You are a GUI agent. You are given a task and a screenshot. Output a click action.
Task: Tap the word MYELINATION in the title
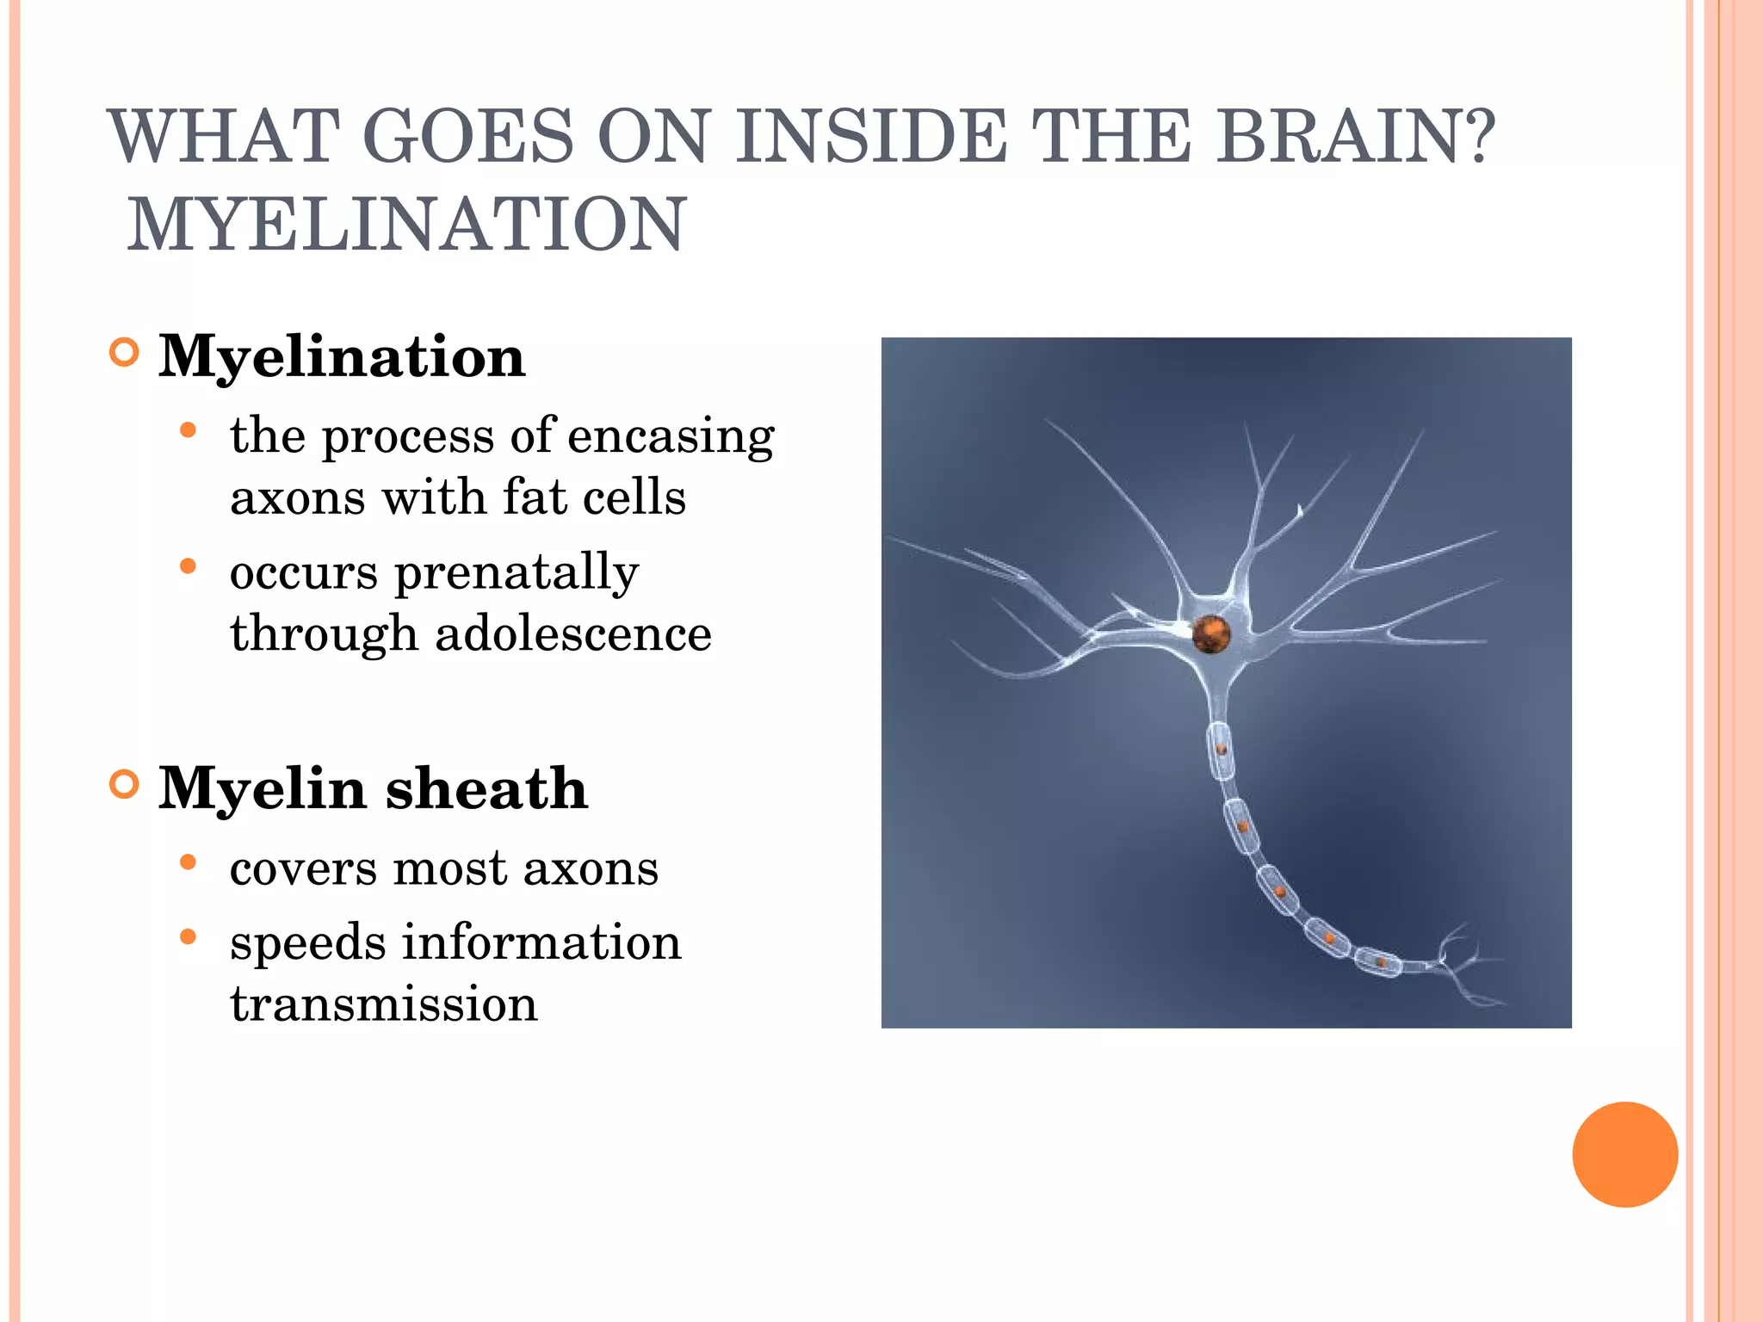click(x=406, y=225)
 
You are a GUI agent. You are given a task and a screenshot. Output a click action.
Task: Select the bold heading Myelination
click(x=342, y=356)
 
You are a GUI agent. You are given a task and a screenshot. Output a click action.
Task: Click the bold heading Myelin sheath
click(x=373, y=788)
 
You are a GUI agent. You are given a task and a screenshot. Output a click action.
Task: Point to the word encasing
click(x=671, y=436)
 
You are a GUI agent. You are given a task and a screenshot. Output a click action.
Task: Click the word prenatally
click(x=517, y=573)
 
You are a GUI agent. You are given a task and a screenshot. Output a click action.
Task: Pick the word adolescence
click(x=573, y=634)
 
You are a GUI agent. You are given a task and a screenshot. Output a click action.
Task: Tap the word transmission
click(x=384, y=1004)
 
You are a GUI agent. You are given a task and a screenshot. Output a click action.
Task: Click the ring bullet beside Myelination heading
click(x=125, y=353)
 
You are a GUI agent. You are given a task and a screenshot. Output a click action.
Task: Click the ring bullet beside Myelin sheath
click(x=125, y=785)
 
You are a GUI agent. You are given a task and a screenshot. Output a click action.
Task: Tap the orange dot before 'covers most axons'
click(x=189, y=862)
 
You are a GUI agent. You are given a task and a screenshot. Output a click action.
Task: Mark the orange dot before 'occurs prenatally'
click(x=189, y=566)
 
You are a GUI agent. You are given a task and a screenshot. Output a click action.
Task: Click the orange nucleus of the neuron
click(x=1211, y=634)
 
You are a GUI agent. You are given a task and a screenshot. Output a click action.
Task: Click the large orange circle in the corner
click(x=1624, y=1154)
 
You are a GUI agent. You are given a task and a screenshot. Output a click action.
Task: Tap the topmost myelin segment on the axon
click(x=1220, y=751)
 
